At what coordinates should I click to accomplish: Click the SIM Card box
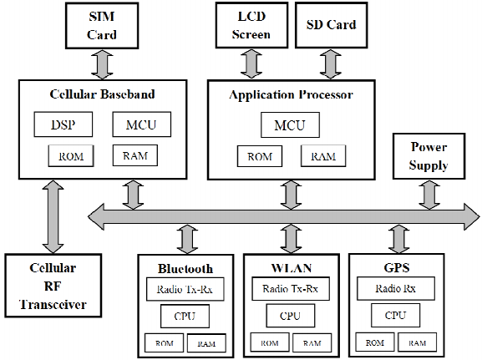coord(102,26)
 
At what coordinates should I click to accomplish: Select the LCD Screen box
coord(251,25)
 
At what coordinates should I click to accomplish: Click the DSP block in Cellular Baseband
coord(63,125)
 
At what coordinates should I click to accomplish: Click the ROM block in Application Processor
coord(260,156)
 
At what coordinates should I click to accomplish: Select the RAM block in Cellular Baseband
coord(135,155)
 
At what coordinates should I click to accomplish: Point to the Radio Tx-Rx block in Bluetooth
coord(185,292)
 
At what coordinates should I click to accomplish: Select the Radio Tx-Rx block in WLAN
coord(290,290)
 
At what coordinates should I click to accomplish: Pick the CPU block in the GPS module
coord(396,317)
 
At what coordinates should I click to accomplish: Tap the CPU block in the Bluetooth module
coord(185,317)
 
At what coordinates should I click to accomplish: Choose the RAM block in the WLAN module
coord(312,342)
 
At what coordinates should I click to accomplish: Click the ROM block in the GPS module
coord(375,342)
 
